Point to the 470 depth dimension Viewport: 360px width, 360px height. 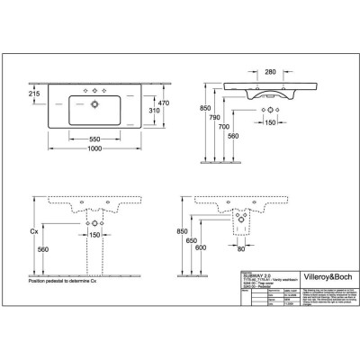coord(163,104)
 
